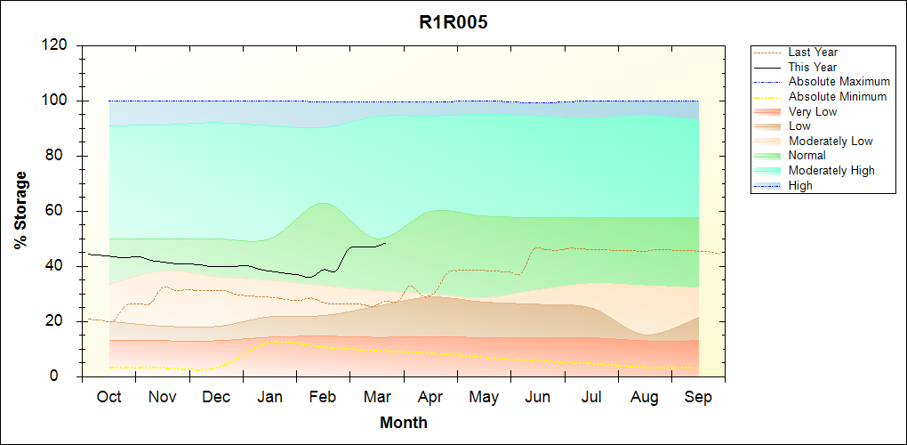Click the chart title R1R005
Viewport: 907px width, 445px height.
(x=453, y=23)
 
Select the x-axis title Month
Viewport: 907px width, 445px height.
(x=404, y=423)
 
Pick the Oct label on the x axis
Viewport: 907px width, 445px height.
(x=108, y=397)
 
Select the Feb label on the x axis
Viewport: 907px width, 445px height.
(x=323, y=397)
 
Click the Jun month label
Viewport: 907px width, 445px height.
(x=538, y=397)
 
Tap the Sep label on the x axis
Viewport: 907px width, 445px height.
(x=698, y=397)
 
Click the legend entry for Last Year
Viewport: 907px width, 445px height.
(x=813, y=53)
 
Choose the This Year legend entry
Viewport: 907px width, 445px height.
(x=813, y=67)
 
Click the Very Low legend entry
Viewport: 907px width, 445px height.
(x=813, y=111)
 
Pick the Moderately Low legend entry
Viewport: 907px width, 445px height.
(x=831, y=141)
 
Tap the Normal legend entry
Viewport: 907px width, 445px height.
(x=807, y=156)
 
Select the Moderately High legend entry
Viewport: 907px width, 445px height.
(x=831, y=170)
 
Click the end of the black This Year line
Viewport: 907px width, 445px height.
(x=386, y=243)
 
